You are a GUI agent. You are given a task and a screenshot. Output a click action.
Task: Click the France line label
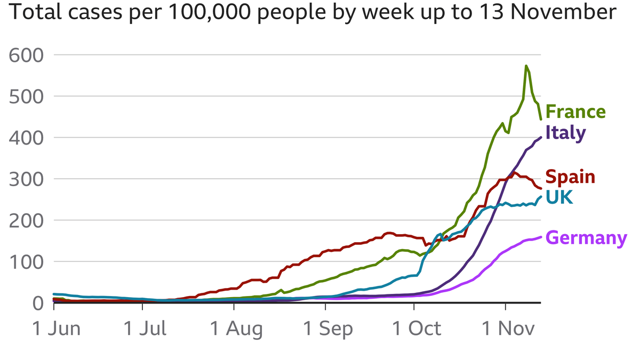pyautogui.click(x=576, y=112)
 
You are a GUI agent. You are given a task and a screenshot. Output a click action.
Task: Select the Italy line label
pyautogui.click(x=565, y=133)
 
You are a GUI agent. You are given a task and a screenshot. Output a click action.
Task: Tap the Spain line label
pyautogui.click(x=570, y=176)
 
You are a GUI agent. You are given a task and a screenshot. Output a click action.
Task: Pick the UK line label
pyautogui.click(x=559, y=198)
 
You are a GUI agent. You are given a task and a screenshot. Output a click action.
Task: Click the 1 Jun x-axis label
pyautogui.click(x=57, y=329)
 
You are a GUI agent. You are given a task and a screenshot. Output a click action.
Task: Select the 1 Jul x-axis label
pyautogui.click(x=145, y=329)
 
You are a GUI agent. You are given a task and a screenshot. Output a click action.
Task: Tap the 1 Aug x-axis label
pyautogui.click(x=236, y=329)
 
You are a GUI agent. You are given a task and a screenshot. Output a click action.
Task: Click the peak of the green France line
pyautogui.click(x=526, y=66)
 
